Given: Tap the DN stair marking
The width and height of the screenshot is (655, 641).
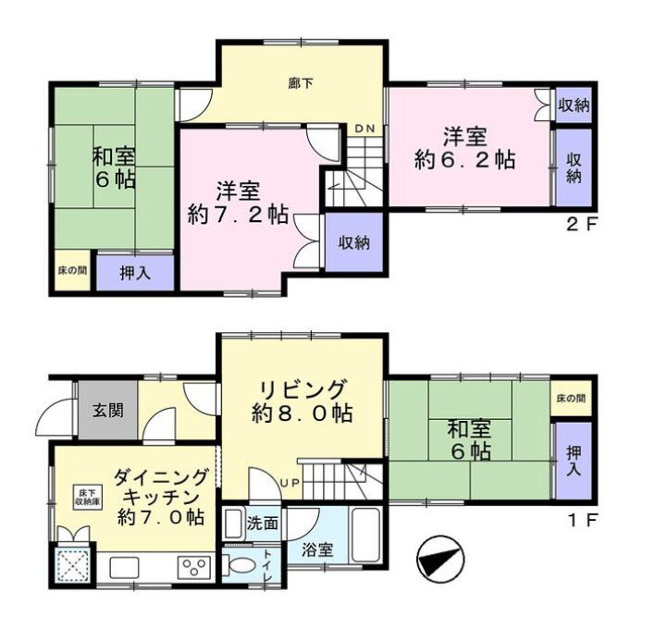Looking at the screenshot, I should click(x=365, y=129).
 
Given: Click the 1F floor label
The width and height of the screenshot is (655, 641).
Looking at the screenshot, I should click(x=585, y=519).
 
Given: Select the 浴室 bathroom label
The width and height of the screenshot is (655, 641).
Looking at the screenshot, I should click(x=317, y=549).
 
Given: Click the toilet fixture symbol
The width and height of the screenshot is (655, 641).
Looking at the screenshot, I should click(x=240, y=567).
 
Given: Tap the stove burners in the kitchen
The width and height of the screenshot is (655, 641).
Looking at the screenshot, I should click(x=197, y=567).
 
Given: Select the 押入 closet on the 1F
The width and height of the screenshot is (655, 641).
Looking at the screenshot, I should click(x=573, y=458).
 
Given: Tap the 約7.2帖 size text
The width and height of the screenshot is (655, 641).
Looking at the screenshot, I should click(x=237, y=216).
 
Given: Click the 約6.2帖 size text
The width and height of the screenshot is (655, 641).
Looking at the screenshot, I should click(x=464, y=158).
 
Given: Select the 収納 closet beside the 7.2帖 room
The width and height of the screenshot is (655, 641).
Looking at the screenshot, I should click(x=353, y=243).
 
